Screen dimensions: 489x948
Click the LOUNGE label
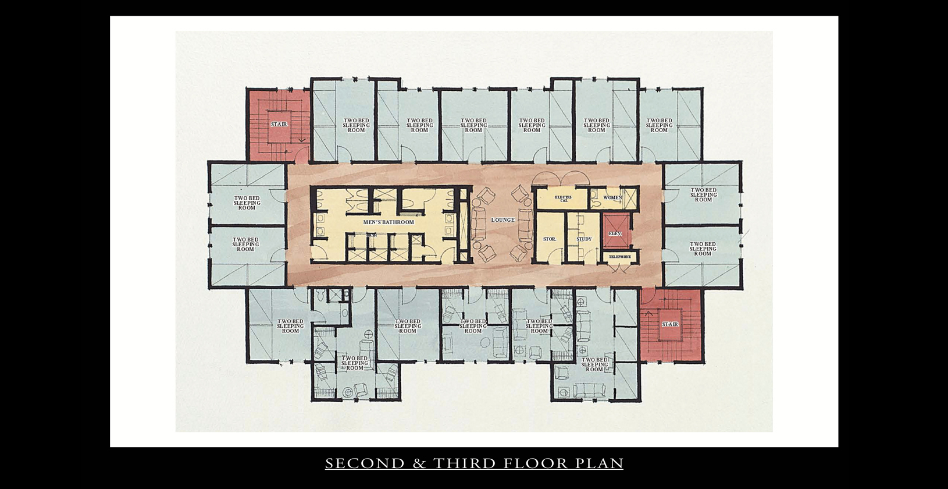pos(503,220)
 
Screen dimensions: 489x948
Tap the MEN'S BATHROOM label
pos(389,222)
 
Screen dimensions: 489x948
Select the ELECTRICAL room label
pos(563,199)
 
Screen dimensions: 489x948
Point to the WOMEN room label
pos(612,198)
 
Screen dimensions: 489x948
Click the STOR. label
pos(550,239)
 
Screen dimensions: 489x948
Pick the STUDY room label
pos(584,239)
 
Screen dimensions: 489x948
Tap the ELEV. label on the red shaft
pos(615,233)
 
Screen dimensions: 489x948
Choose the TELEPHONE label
pos(619,257)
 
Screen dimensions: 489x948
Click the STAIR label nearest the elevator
pos(670,324)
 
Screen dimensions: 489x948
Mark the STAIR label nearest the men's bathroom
pos(279,125)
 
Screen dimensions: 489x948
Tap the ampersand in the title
pos(419,464)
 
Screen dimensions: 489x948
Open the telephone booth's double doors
pos(619,268)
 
